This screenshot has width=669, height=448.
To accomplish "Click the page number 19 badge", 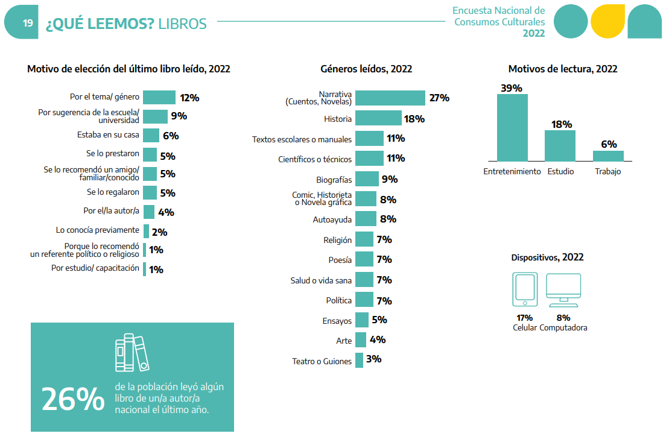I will pos(28,23).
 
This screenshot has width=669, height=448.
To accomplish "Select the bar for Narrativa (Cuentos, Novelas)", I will pos(390,98).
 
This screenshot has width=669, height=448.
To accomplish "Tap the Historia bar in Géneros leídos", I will pos(378,118).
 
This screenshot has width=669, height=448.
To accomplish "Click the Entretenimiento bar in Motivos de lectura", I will pos(512,127).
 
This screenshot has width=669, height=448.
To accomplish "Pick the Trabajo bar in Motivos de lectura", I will pos(608,156).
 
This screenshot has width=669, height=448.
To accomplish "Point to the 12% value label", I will pos(189,98).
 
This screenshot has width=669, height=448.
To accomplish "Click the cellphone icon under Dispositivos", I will pos(525,289).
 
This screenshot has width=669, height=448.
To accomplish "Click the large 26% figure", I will pos(73,399).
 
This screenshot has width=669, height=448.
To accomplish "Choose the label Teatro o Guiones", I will pos(321,361).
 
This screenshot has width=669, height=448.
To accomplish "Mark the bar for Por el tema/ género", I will pos(159,97).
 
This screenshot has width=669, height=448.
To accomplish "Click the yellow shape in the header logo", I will pos(607,21).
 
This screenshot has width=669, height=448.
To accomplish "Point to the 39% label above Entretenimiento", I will pos(512,88).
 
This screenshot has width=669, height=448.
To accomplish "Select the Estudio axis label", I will pos(560,171).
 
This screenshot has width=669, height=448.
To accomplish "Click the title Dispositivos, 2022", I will pos(547,257).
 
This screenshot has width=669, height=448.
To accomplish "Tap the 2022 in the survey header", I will pos(533,34).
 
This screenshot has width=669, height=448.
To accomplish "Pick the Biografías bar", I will pos(367,179).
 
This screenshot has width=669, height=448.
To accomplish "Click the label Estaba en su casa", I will pos(108,135).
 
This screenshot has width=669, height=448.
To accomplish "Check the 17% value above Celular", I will pos(524,318).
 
